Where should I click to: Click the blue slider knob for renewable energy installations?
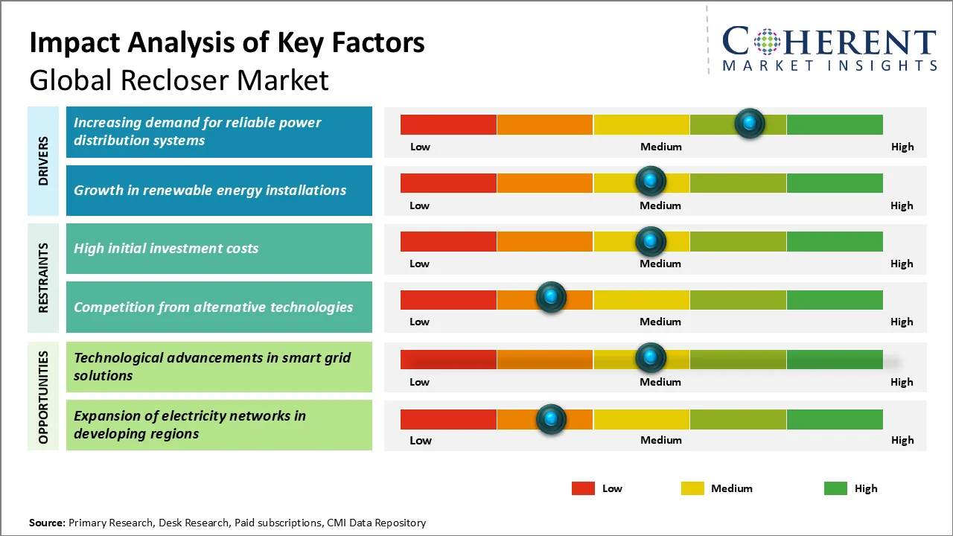coord(651,181)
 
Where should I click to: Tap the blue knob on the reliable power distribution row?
coord(749,123)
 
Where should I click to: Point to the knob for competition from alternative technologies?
coord(551,298)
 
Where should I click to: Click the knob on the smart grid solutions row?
coord(651,358)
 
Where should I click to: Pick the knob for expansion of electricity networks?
coord(551,419)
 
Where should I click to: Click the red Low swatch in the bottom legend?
coord(583,488)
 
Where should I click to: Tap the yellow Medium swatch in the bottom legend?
coord(692,488)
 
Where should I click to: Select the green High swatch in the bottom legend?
coord(835,488)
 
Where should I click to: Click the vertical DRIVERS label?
coord(43,161)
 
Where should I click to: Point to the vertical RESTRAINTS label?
coord(43,278)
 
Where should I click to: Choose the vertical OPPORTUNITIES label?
coord(43,397)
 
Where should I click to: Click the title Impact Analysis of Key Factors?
coord(227,43)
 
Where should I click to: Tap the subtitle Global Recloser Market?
coord(179,80)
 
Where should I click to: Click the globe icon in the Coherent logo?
coord(766,42)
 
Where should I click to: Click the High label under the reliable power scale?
coord(902,147)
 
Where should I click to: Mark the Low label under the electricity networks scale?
coord(421,440)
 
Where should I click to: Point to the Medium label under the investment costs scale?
coord(660,264)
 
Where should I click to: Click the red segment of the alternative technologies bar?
coord(448,299)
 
